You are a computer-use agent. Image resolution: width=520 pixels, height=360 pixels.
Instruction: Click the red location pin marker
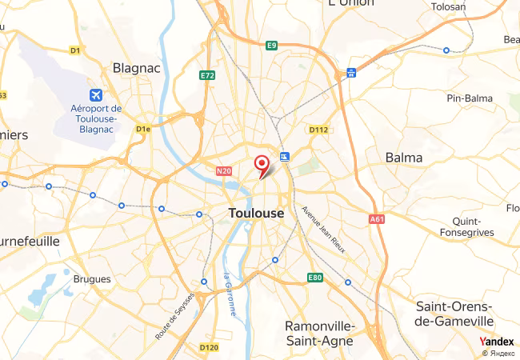pyautogui.click(x=261, y=164)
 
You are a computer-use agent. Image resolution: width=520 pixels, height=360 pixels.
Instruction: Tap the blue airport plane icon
pyautogui.click(x=97, y=95)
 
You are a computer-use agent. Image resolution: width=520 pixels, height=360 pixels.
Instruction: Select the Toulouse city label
pyautogui.click(x=256, y=214)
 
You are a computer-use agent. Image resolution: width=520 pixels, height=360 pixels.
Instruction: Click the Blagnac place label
pyautogui.click(x=137, y=68)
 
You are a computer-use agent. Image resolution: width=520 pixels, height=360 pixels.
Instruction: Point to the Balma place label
pyautogui.click(x=404, y=158)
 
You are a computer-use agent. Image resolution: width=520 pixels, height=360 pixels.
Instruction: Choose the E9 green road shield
pyautogui.click(x=272, y=45)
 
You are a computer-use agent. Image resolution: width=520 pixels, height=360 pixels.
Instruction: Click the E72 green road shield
pyautogui.click(x=208, y=75)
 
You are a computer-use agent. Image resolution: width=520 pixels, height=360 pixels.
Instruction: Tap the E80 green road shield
pyautogui.click(x=315, y=278)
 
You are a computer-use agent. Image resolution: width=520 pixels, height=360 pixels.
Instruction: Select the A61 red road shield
pyautogui.click(x=377, y=218)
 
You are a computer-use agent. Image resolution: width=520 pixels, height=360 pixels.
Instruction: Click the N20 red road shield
pyautogui.click(x=223, y=170)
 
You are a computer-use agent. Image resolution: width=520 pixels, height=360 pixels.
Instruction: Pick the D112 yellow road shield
pyautogui.click(x=318, y=129)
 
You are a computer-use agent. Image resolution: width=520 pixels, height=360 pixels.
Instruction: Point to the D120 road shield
pyautogui.click(x=208, y=347)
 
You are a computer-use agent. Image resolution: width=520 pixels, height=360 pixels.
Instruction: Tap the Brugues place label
pyautogui.click(x=92, y=279)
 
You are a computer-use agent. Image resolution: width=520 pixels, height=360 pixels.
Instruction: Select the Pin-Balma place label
pyautogui.click(x=470, y=98)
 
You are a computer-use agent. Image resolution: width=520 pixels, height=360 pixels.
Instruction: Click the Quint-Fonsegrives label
pyautogui.click(x=467, y=226)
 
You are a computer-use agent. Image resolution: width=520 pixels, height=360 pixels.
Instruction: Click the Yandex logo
pyautogui.click(x=496, y=342)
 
